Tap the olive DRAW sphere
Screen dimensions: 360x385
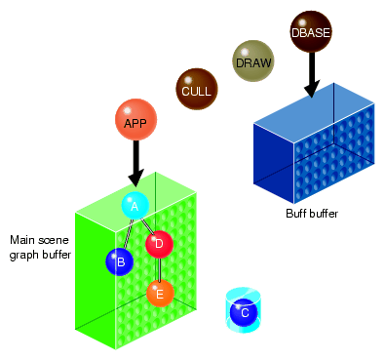[x=252, y=61]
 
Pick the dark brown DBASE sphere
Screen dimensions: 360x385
[x=311, y=31]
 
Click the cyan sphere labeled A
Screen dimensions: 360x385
[x=135, y=205]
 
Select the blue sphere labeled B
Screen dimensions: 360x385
[x=120, y=260]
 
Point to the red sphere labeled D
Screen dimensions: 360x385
[x=159, y=244]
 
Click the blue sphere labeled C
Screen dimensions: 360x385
[x=242, y=312]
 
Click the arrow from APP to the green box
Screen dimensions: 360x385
[x=135, y=161]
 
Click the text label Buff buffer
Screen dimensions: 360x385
[x=312, y=214]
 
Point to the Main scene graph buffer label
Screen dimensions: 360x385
[x=39, y=248]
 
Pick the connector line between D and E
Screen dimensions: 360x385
[x=160, y=268]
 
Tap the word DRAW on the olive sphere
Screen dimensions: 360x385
[x=252, y=63]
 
